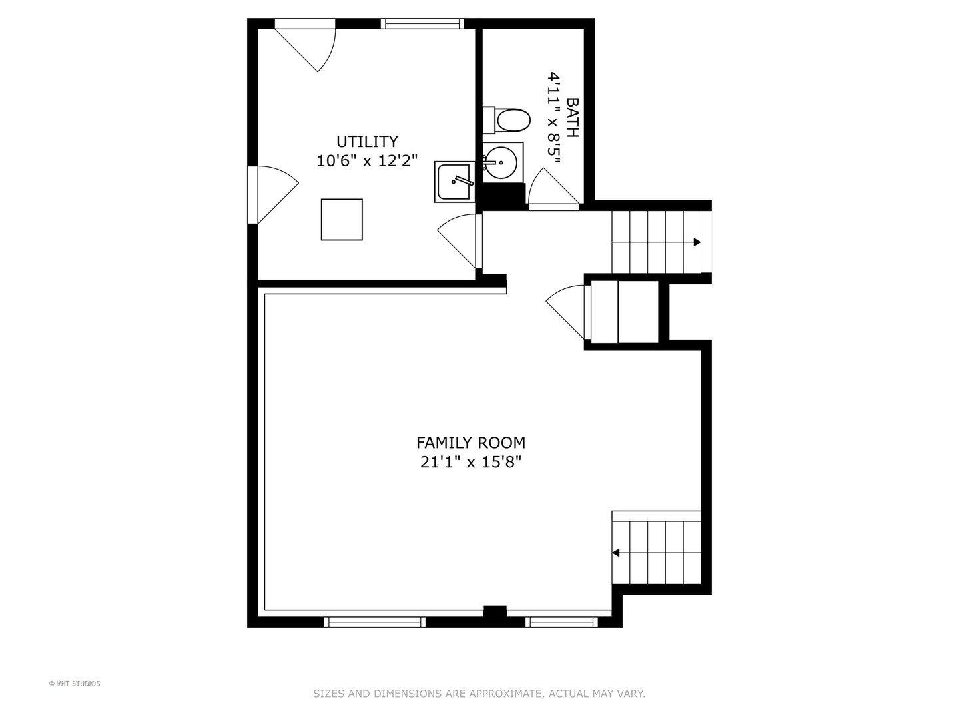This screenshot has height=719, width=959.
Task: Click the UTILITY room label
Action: point(367,142)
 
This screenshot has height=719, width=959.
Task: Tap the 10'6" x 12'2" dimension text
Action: point(367,161)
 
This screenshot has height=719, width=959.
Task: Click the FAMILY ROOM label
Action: point(471,443)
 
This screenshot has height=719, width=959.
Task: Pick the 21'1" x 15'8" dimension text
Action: point(471,462)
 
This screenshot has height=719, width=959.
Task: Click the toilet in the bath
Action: point(507,120)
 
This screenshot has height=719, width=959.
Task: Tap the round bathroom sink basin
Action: point(501,162)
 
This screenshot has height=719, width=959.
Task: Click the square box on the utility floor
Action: point(342,220)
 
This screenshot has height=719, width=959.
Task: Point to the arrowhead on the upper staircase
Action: point(697,242)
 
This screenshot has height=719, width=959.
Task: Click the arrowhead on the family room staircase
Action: point(616,553)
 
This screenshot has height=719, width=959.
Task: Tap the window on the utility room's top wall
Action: point(422,23)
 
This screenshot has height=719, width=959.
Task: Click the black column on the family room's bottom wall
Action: point(495,612)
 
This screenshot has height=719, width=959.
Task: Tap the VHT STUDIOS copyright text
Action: point(75,684)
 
